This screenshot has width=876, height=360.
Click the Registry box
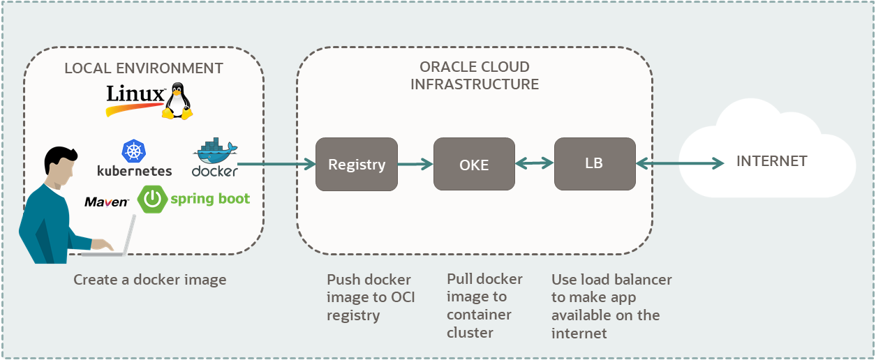[x=356, y=164]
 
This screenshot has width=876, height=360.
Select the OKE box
[x=474, y=164]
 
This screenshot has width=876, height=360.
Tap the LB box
[x=595, y=164]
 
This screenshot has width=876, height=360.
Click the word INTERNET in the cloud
[x=771, y=161]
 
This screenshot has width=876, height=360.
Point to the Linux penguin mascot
[x=177, y=101]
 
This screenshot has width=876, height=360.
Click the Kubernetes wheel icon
[x=133, y=151]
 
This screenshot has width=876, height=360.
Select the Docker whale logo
[x=215, y=151]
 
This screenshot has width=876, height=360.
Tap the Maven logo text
[x=107, y=202]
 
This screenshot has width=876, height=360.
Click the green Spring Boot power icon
[x=152, y=199]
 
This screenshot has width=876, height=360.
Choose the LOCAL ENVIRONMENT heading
[x=144, y=68]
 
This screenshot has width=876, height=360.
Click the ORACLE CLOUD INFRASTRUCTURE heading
[x=475, y=75]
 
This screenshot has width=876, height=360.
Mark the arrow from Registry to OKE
[x=415, y=165]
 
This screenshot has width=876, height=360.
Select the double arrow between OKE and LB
[x=535, y=164]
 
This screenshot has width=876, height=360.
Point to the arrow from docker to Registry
[x=276, y=165]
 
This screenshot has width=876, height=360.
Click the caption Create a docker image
[x=150, y=280]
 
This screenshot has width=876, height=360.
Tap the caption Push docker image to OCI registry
[x=371, y=297]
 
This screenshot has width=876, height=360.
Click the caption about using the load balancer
[x=611, y=306]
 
